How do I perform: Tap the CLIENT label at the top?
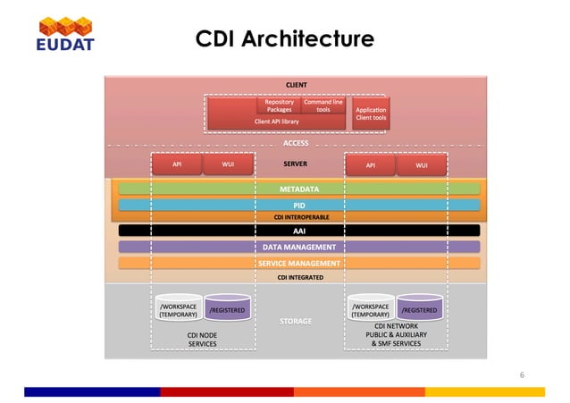[296, 85]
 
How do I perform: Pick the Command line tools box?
[323, 105]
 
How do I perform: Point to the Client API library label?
[276, 121]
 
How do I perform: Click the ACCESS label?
[296, 142]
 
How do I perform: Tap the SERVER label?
[296, 164]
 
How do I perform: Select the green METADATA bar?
[299, 189]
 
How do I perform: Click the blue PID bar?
[299, 205]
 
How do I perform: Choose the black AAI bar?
[299, 231]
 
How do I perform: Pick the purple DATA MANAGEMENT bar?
[299, 247]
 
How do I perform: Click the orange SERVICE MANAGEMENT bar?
[299, 264]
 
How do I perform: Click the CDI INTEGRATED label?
[298, 277]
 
